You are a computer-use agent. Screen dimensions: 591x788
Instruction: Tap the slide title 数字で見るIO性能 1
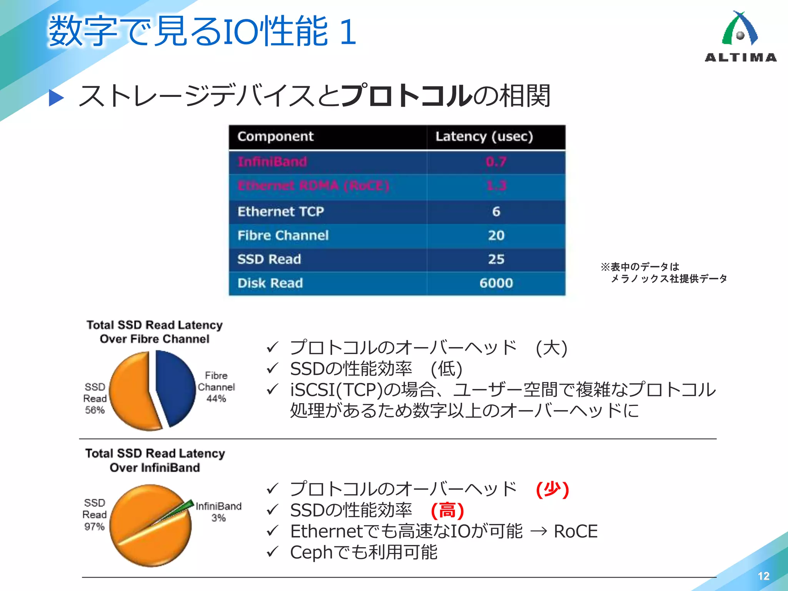(x=202, y=32)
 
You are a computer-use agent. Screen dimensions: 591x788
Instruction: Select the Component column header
(x=275, y=137)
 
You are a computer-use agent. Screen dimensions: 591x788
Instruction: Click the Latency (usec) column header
(x=484, y=137)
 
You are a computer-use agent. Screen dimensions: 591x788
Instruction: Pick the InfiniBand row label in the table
(x=272, y=162)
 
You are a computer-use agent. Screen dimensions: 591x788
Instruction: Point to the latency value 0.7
(x=496, y=162)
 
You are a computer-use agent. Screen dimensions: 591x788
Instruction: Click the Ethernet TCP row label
(x=281, y=212)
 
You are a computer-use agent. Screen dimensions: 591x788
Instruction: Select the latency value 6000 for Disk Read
(x=496, y=283)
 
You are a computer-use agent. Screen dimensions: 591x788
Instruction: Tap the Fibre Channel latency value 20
(x=496, y=235)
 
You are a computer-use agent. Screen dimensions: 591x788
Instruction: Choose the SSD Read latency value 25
(x=496, y=259)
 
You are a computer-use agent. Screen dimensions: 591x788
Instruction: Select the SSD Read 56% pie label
(x=95, y=398)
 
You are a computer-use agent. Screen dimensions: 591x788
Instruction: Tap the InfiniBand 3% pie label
(x=219, y=512)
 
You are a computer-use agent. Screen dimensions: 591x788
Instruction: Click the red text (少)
(x=553, y=489)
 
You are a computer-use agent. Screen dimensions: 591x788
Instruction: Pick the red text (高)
(x=447, y=511)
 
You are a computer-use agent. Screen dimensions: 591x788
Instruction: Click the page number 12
(x=763, y=576)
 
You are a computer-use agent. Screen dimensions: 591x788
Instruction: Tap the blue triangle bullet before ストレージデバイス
(x=56, y=98)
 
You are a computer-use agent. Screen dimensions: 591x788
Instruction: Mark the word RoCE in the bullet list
(x=576, y=532)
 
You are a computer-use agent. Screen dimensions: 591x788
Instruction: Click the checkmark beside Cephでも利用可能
(x=272, y=552)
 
